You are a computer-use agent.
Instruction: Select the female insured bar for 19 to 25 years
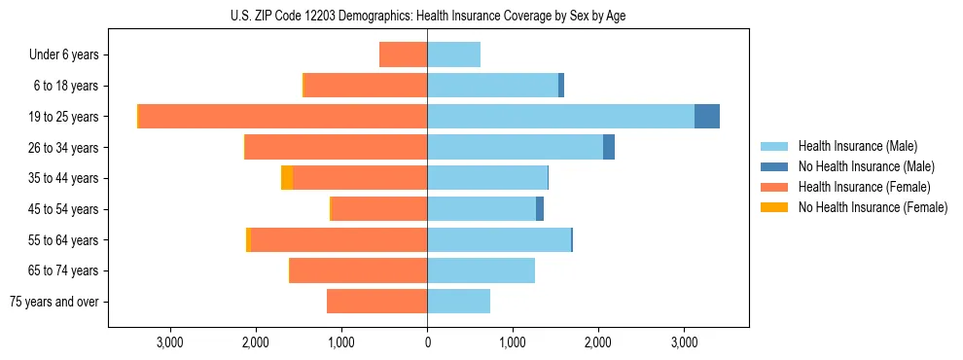(x=283, y=117)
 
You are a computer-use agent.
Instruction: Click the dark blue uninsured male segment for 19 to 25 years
(x=707, y=117)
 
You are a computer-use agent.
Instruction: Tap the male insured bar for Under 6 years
(x=453, y=55)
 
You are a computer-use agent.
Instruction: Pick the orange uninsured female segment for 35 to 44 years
(x=287, y=178)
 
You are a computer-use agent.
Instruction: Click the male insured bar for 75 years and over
(x=458, y=302)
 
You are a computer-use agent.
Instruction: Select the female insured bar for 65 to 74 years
(x=359, y=270)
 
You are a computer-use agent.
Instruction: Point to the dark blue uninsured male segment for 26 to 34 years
(x=609, y=148)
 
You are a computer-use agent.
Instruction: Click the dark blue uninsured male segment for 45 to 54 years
(x=540, y=209)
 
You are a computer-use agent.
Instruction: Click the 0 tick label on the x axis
(x=427, y=342)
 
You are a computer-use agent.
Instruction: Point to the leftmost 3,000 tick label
(x=170, y=342)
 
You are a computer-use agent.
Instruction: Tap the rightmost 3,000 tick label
(x=684, y=342)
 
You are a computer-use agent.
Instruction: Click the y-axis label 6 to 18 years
(x=64, y=87)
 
